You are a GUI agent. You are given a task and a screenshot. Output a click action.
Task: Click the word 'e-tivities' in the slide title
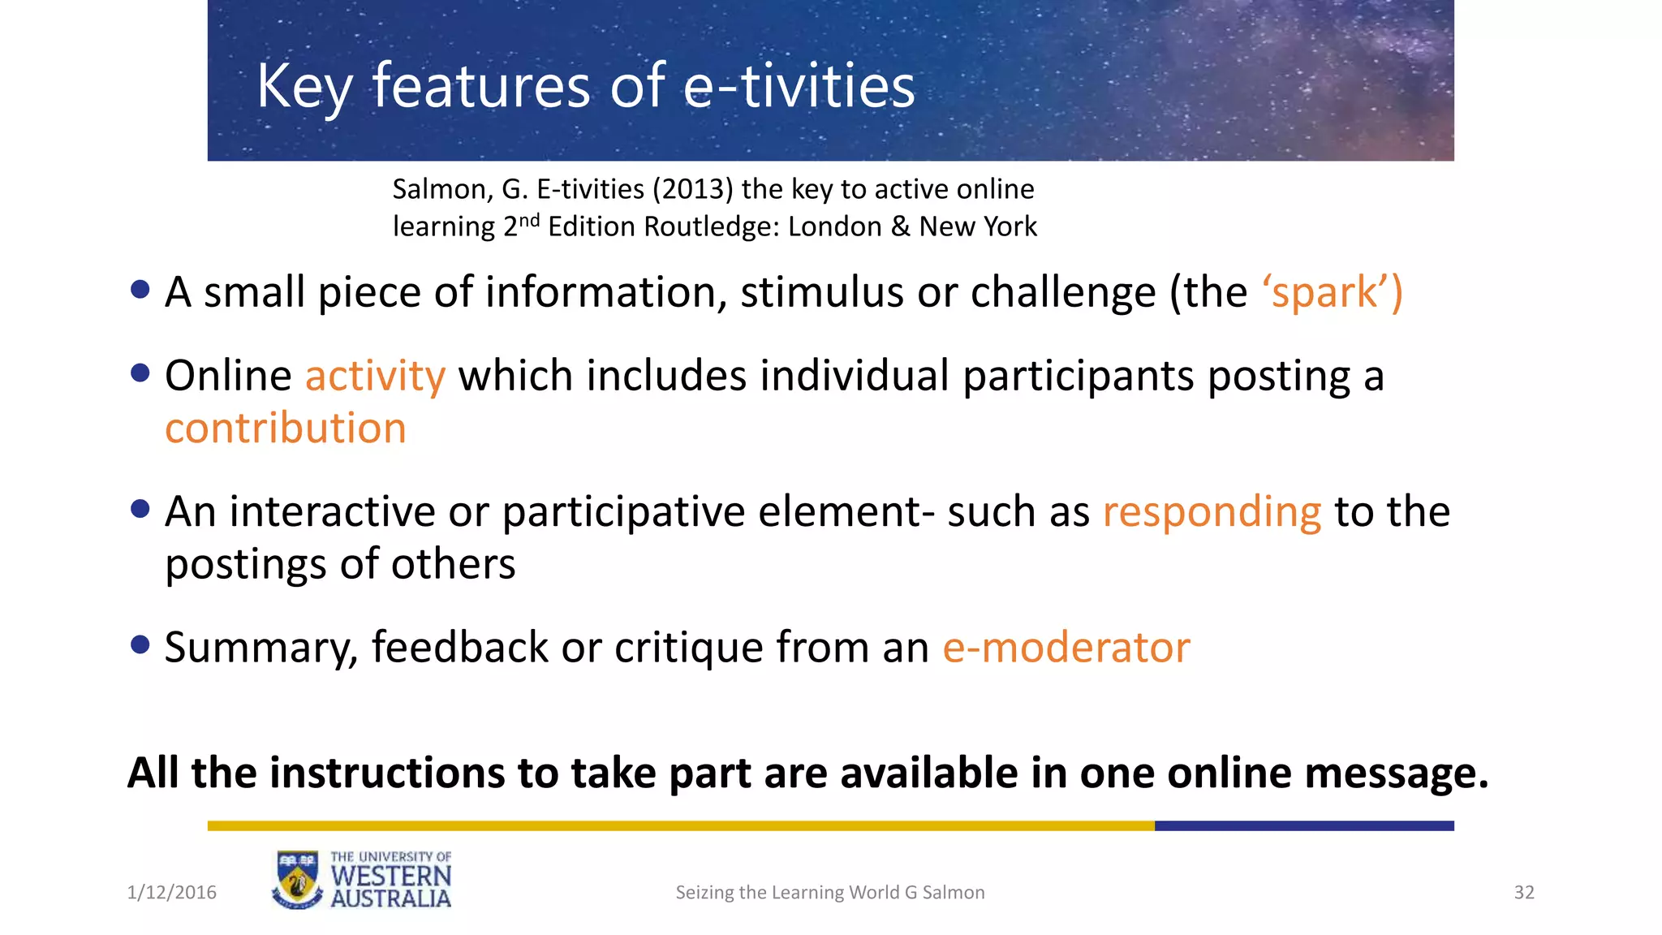click(x=799, y=86)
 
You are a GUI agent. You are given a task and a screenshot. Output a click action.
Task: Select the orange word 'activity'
click(x=375, y=377)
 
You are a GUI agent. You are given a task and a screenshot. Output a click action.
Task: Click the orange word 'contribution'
click(x=286, y=429)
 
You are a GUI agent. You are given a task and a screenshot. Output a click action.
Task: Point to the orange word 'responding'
click(x=1212, y=513)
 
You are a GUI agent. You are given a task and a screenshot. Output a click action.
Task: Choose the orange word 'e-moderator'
click(x=1066, y=648)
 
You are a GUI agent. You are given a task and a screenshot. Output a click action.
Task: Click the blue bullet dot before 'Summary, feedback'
click(x=140, y=644)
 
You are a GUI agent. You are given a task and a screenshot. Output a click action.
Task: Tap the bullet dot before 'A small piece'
click(x=140, y=289)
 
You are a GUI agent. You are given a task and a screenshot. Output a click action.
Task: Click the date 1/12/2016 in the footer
click(x=172, y=892)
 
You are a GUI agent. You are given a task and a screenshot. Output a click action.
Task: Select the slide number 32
click(x=1524, y=892)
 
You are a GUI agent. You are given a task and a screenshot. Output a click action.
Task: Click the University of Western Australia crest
click(x=297, y=880)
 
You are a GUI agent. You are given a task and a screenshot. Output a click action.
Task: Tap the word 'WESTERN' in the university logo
click(x=391, y=877)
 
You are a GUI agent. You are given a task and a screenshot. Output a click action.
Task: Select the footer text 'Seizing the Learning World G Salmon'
click(x=830, y=892)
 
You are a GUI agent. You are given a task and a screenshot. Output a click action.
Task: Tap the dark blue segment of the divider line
click(x=1303, y=825)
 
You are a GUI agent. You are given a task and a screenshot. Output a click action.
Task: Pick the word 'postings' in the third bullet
click(x=246, y=564)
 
